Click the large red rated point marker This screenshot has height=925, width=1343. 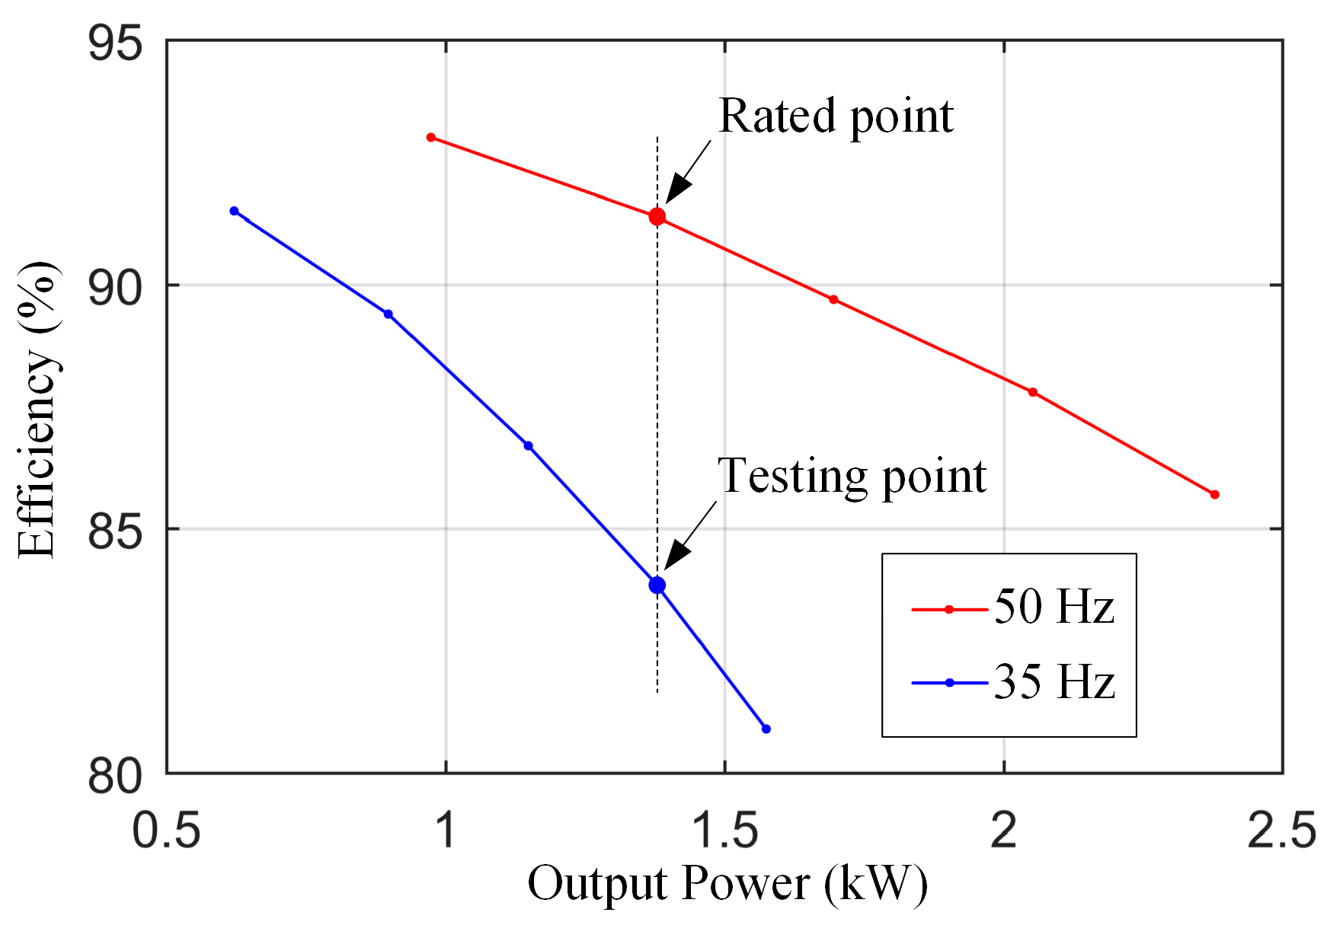[x=657, y=217]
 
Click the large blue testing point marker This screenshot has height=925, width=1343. [x=657, y=585]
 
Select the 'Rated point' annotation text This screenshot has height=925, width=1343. [x=835, y=116]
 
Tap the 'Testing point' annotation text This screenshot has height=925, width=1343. [x=852, y=477]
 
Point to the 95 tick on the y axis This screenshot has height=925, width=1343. [x=115, y=43]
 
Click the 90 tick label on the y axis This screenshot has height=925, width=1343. [x=115, y=287]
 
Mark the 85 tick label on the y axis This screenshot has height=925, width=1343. [x=115, y=531]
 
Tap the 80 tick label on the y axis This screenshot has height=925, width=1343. [x=115, y=776]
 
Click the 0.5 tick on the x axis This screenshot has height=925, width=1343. [x=166, y=829]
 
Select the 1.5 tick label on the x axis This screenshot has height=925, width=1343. [x=724, y=829]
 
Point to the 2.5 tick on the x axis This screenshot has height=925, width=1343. [x=1281, y=829]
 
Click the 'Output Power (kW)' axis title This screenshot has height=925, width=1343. [x=727, y=884]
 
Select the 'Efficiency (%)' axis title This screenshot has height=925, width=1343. [x=37, y=410]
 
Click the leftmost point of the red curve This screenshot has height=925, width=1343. [x=431, y=138]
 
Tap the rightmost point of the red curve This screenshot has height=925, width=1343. [x=1214, y=495]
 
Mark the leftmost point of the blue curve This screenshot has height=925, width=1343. [x=234, y=211]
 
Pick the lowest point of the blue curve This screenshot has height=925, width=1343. [x=766, y=729]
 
